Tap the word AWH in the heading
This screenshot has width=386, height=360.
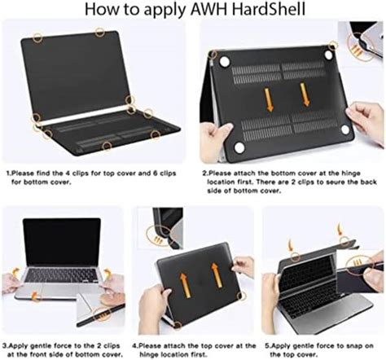pos(208,9)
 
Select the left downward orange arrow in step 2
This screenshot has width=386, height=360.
pos(270,100)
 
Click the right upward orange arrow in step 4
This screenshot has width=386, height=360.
pos(217,275)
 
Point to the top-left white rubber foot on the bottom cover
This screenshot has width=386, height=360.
pos(225,61)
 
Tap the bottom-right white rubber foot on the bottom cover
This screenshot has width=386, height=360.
pos(345,130)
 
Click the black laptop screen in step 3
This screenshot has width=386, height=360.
pos(62,243)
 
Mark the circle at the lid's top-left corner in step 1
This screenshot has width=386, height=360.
pos(37,37)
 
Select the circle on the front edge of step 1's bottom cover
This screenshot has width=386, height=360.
pos(107,146)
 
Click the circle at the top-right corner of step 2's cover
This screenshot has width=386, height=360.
pos(333,46)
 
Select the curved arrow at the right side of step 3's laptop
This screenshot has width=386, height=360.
pos(108,273)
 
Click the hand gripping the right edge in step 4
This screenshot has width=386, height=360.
pos(243,267)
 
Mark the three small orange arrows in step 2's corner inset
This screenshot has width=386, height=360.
pos(357,50)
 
